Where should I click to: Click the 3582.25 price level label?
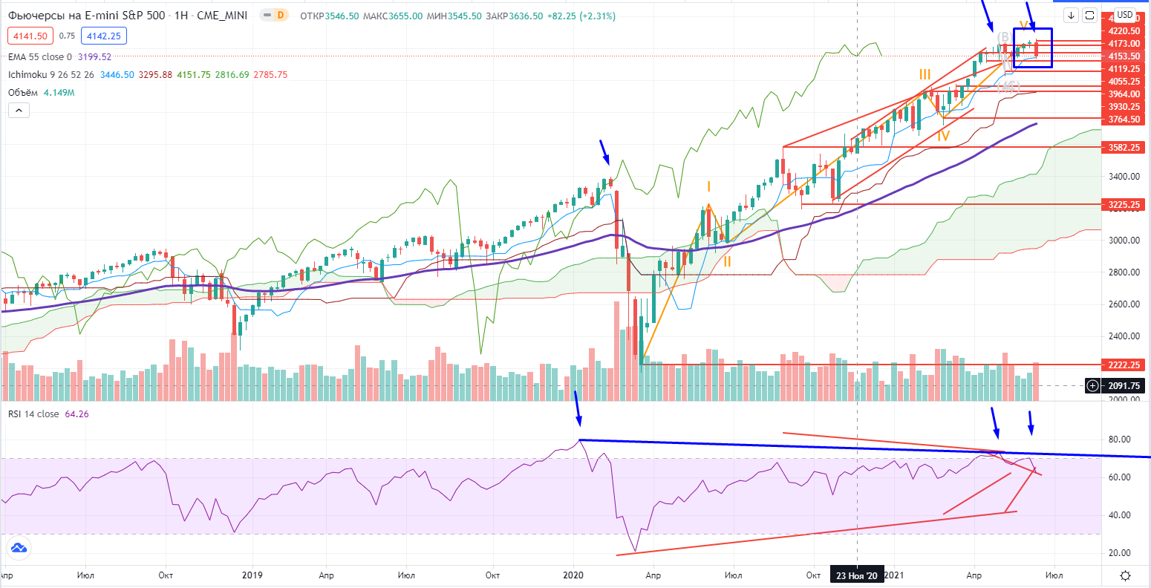(x=1124, y=147)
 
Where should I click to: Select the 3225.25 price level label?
(x=1124, y=203)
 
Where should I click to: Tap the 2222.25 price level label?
(x=1124, y=365)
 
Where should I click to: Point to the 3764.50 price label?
(x=1124, y=119)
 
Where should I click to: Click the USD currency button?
(x=1125, y=15)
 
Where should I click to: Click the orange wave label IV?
(x=943, y=136)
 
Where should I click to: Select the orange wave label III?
(x=925, y=74)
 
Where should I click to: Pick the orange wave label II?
(x=728, y=261)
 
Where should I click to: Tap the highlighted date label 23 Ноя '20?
(x=857, y=575)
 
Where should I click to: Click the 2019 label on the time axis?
(x=252, y=575)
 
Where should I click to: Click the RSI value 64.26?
(x=78, y=414)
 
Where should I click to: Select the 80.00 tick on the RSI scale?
(x=1119, y=440)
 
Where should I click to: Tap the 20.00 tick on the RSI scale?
(x=1119, y=553)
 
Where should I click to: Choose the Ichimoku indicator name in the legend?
(x=28, y=75)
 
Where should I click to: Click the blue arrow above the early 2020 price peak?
(x=606, y=153)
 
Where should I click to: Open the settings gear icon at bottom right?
(x=1126, y=576)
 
